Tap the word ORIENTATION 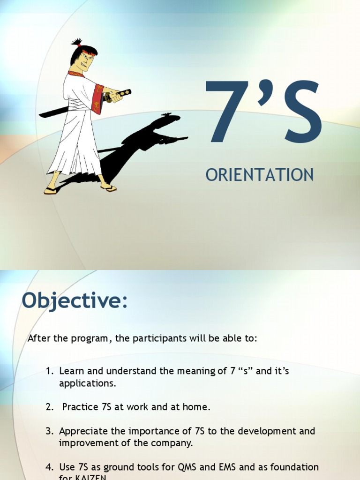[260, 175]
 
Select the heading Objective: [75, 300]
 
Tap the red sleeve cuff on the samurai [98, 99]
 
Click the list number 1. [49, 371]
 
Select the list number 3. [49, 431]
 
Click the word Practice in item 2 [80, 407]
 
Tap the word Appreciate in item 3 [82, 431]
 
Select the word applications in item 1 [87, 383]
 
